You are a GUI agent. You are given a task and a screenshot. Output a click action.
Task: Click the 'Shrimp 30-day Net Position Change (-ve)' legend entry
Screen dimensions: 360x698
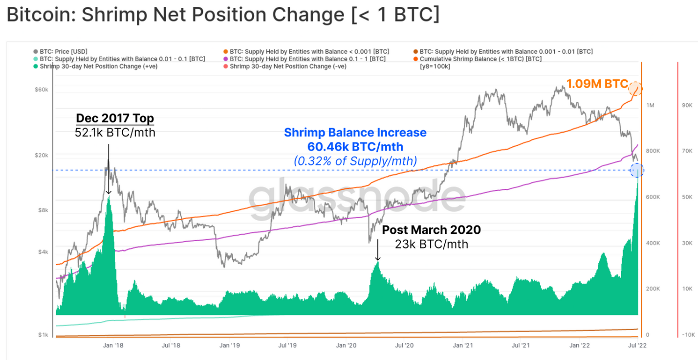pos(288,67)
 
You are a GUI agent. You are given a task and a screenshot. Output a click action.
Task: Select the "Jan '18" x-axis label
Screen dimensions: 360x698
pos(113,345)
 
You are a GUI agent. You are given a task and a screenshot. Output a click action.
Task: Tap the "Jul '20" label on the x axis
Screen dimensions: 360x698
pos(404,345)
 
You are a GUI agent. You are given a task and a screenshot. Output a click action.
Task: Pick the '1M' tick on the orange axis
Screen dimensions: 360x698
pos(651,106)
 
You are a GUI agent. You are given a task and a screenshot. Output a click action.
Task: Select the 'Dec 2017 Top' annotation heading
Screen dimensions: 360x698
pos(115,118)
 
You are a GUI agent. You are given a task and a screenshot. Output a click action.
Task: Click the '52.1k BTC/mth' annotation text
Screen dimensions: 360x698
pos(115,132)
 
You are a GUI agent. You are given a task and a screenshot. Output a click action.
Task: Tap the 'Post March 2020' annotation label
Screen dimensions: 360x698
pos(431,229)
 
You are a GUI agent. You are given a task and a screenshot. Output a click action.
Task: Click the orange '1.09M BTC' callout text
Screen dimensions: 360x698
pos(597,84)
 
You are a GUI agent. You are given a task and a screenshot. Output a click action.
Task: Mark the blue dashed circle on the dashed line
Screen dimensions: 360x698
pos(636,170)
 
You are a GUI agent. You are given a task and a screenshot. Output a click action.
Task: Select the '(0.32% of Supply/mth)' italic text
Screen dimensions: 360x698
pos(355,160)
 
